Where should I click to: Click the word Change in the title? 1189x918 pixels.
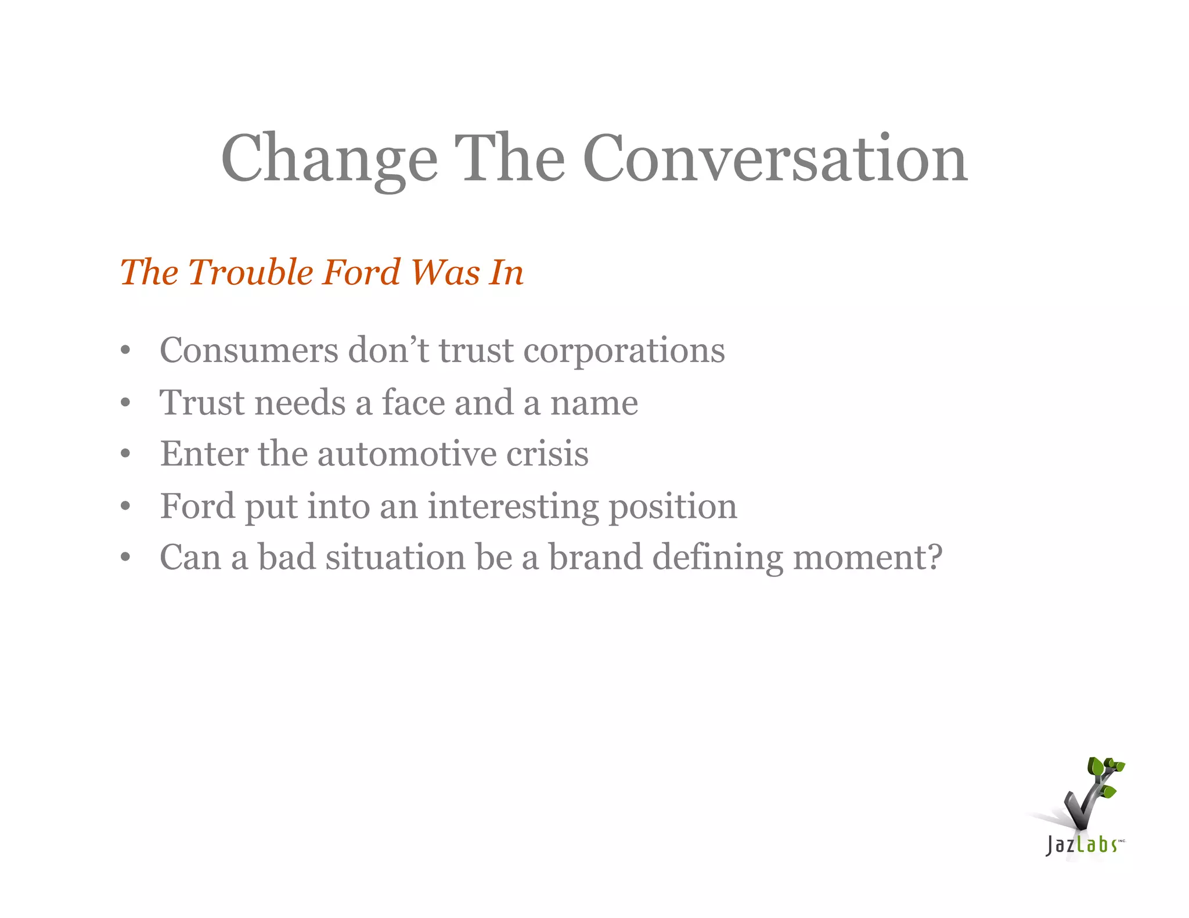[x=329, y=158]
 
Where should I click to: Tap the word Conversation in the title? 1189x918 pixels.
[x=775, y=158]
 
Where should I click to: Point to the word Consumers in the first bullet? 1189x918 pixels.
[x=249, y=350]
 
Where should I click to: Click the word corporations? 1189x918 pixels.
[x=624, y=350]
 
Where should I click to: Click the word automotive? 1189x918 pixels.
[x=406, y=453]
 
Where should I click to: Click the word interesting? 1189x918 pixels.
[x=513, y=506]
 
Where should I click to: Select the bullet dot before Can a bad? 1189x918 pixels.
[x=125, y=558]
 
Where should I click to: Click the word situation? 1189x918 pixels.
[x=395, y=557]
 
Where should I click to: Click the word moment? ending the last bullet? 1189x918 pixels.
[x=867, y=557]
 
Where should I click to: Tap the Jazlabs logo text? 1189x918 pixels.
[x=1081, y=844]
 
